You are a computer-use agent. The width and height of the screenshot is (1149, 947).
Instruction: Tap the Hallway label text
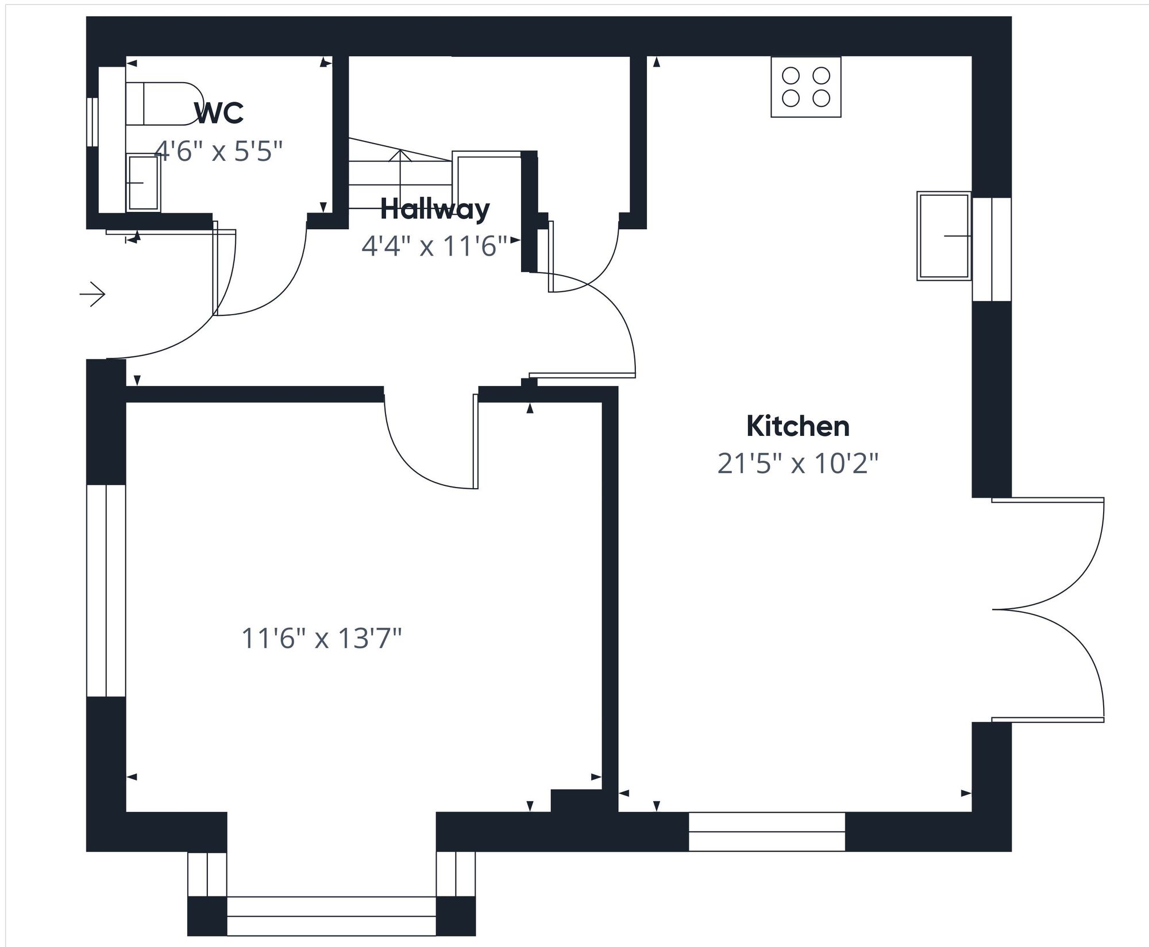[435, 209]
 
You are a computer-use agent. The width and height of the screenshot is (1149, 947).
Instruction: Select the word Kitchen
[797, 426]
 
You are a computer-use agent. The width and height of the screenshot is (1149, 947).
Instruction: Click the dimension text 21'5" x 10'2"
[797, 463]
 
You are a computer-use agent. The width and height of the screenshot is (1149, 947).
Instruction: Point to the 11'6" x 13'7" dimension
[321, 638]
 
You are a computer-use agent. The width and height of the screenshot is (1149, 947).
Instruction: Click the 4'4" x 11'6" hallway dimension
[434, 246]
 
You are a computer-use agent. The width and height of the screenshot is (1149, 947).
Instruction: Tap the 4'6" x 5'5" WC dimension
[219, 152]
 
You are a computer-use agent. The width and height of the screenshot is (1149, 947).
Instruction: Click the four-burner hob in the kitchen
[805, 87]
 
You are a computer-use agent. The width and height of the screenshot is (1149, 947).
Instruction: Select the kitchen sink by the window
[943, 236]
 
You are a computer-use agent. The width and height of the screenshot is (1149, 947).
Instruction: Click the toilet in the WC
[164, 104]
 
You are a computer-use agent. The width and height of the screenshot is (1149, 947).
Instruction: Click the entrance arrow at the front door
[92, 295]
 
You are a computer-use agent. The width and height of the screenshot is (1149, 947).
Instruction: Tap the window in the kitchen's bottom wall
[766, 832]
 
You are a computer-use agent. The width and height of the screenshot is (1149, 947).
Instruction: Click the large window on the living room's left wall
[106, 590]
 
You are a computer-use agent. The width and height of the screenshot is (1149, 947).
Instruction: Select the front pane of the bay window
[331, 915]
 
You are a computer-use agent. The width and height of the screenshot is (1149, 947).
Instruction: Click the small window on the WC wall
[92, 122]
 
